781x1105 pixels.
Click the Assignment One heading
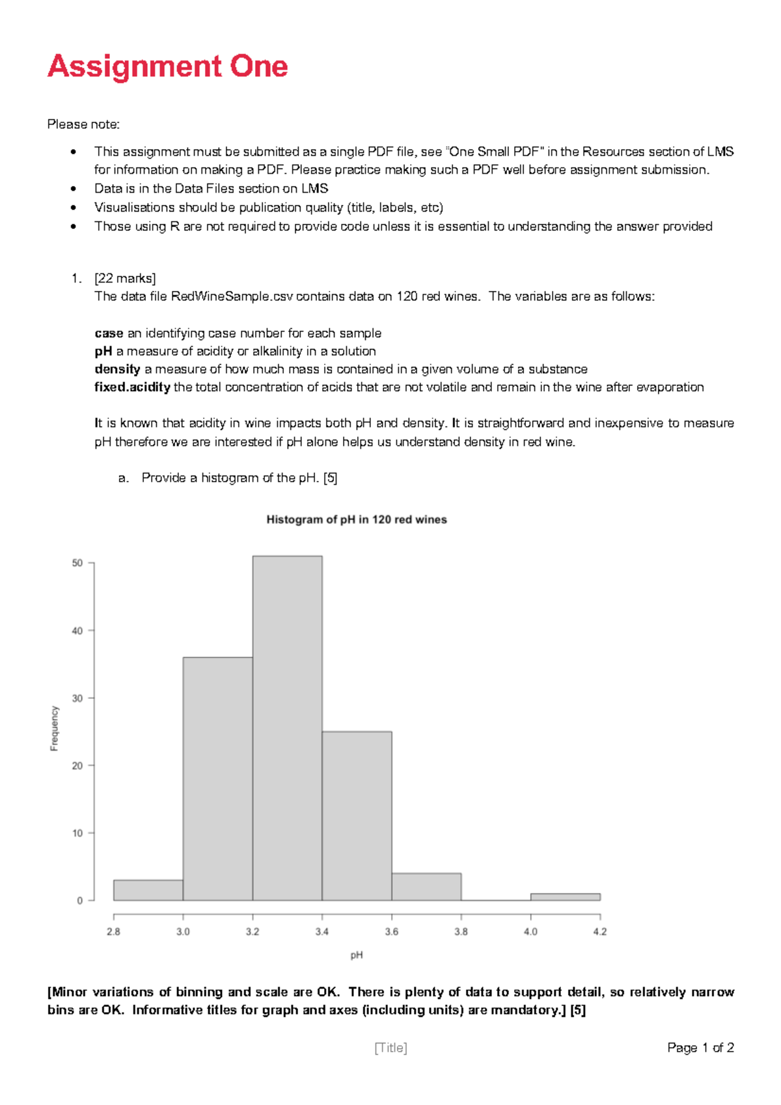click(168, 66)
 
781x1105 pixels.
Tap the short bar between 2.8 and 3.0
click(148, 890)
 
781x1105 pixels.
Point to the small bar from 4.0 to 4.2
click(565, 897)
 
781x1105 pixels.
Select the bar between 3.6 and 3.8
click(426, 887)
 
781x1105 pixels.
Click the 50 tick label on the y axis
click(77, 563)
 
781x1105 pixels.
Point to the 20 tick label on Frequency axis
click(77, 766)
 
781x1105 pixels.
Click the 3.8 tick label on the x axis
click(461, 932)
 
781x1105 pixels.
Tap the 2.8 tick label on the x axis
click(113, 932)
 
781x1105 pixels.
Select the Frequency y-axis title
click(55, 728)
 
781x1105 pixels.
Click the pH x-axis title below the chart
click(357, 955)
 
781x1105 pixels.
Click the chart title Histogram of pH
click(357, 519)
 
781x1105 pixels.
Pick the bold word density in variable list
click(117, 369)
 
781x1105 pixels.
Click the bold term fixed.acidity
click(132, 387)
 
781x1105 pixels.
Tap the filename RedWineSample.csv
click(232, 297)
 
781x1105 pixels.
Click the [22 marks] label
click(125, 279)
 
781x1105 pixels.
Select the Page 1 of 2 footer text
click(700, 1048)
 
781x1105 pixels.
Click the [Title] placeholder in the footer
click(390, 1048)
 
